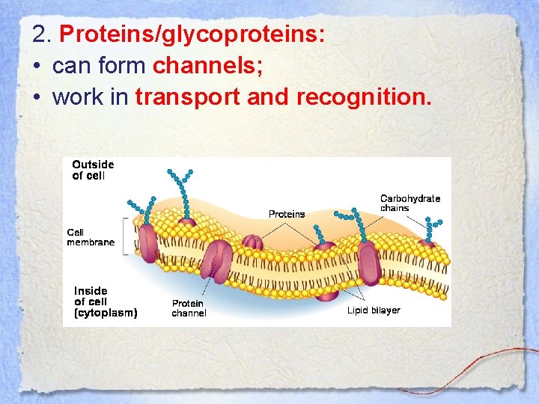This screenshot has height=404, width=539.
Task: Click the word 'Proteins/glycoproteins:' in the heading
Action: tap(192, 34)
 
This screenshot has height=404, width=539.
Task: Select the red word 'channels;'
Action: tap(207, 66)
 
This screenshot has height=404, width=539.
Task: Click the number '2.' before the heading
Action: tap(42, 34)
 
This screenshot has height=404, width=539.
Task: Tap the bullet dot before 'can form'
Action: tap(37, 67)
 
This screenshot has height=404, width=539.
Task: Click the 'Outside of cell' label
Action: tap(93, 170)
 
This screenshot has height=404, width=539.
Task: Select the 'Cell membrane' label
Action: tap(91, 237)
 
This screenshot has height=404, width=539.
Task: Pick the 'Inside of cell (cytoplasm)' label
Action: tap(105, 302)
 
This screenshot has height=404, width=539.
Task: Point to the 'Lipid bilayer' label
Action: tap(373, 310)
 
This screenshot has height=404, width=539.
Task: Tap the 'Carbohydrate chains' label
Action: tap(409, 203)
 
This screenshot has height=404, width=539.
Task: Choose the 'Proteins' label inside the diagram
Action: tap(287, 214)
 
